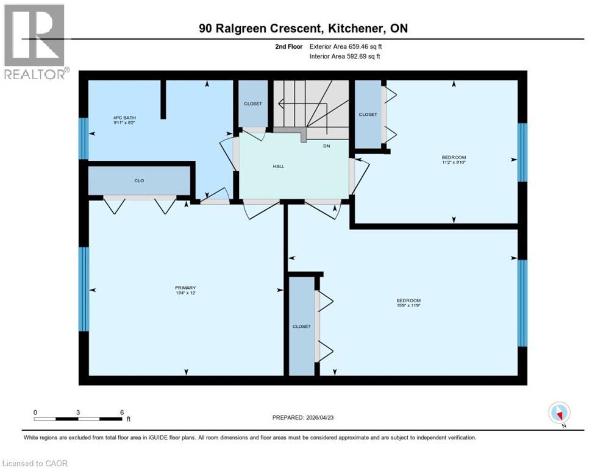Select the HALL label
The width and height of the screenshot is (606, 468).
[x=278, y=166]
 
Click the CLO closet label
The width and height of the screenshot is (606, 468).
[x=139, y=181]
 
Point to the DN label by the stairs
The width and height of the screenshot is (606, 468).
[x=327, y=146]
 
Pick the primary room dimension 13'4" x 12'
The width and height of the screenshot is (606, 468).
[x=185, y=293]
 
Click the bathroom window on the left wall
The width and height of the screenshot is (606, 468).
[x=84, y=138]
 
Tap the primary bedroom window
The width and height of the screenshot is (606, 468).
[x=84, y=289]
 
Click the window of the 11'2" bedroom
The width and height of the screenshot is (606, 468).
[x=522, y=152]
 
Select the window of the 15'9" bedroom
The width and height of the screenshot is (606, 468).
[x=522, y=303]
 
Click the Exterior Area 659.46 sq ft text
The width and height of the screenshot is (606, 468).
[x=344, y=46]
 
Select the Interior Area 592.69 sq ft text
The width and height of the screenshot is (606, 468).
[x=344, y=57]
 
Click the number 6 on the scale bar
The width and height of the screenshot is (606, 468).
[x=122, y=413]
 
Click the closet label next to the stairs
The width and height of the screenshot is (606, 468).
[x=253, y=104]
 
